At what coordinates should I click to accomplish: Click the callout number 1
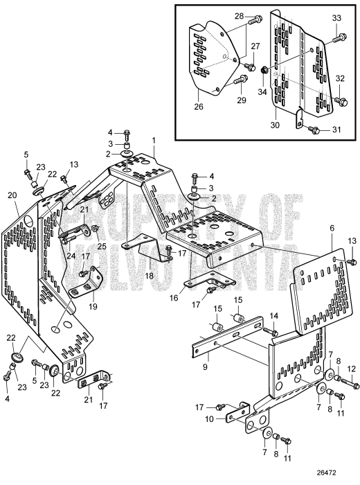coord(154,140)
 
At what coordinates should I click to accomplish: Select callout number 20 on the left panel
coord(12,195)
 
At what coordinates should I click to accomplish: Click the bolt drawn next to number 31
coord(314,129)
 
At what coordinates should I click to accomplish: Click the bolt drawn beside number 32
coord(341,101)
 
